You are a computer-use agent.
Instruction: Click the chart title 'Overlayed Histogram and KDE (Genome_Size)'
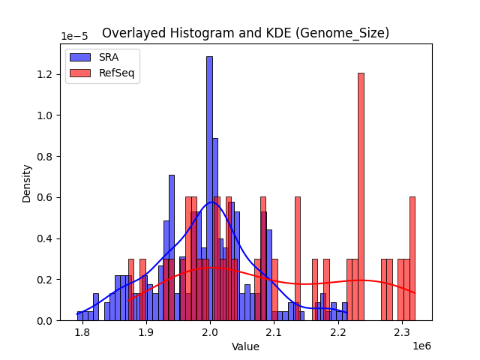click(x=245, y=33)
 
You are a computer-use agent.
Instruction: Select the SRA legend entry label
click(x=109, y=56)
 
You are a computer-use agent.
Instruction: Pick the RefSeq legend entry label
click(x=118, y=72)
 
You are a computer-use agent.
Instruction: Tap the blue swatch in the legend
click(x=81, y=56)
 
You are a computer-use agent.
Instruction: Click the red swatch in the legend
click(x=81, y=72)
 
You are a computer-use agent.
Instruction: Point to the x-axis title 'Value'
click(x=245, y=346)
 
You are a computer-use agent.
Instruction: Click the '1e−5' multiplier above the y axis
click(x=76, y=37)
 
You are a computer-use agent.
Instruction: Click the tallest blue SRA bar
click(x=209, y=187)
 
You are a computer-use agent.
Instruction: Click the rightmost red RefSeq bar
click(x=412, y=259)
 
